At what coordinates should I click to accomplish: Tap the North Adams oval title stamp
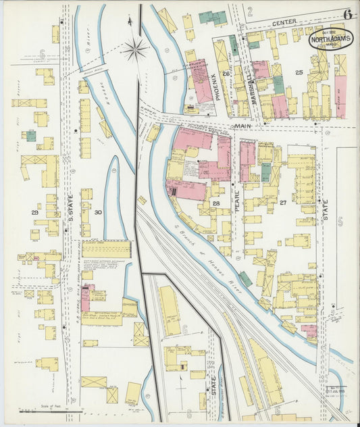click(x=331, y=40)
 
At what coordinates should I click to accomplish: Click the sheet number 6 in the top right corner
click(x=347, y=14)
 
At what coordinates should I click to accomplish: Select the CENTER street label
click(x=280, y=24)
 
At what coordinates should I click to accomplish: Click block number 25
click(x=298, y=72)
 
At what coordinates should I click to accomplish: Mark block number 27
click(x=284, y=202)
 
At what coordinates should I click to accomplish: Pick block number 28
click(x=217, y=203)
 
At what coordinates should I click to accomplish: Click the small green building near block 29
click(x=31, y=136)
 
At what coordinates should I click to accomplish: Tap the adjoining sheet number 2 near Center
click(x=249, y=11)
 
